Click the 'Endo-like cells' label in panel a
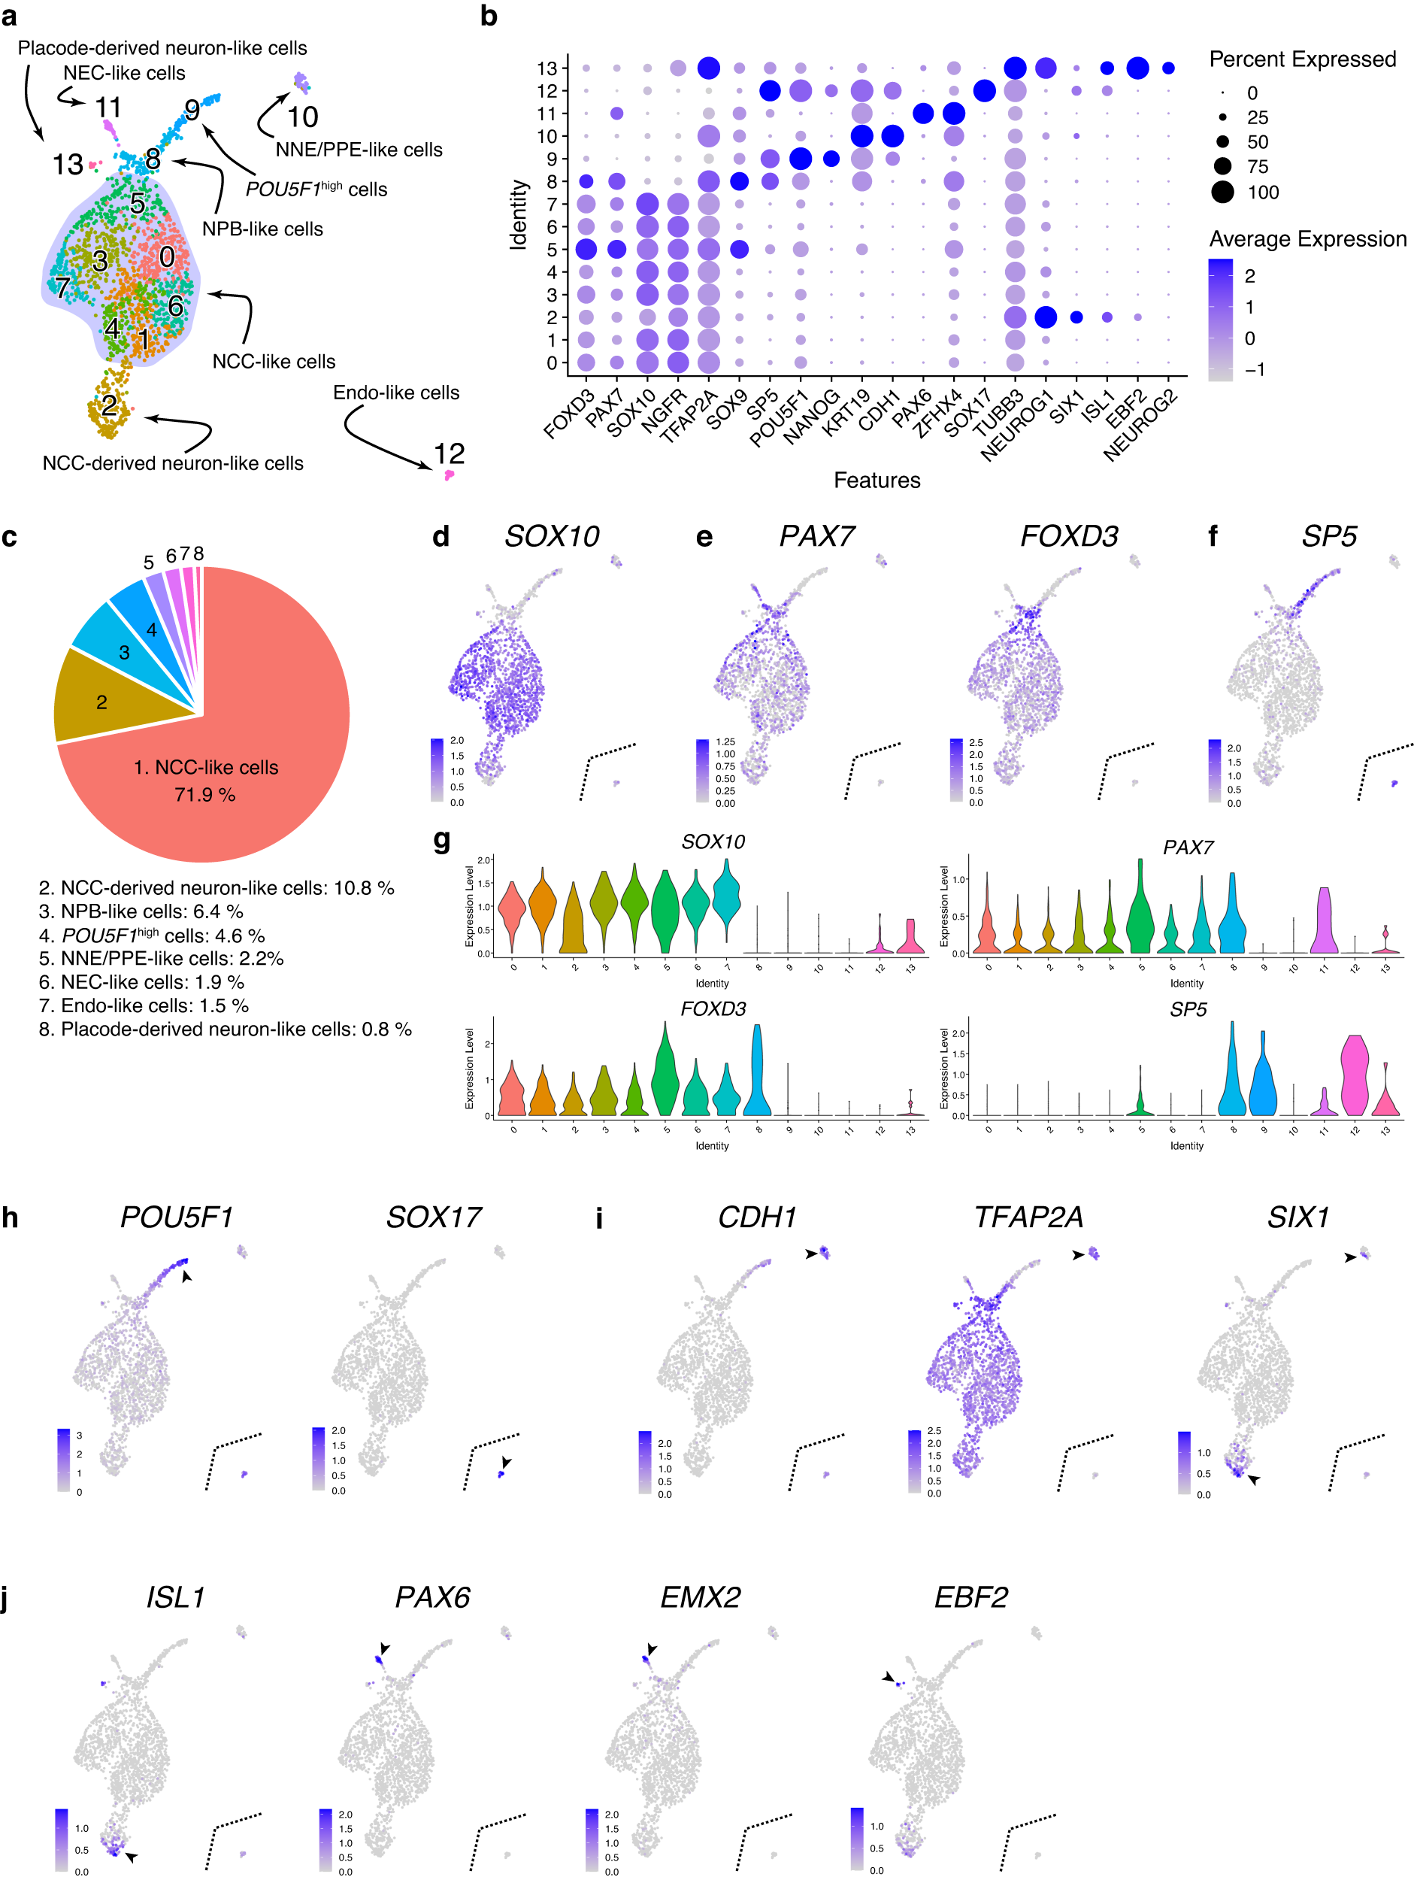pyautogui.click(x=396, y=393)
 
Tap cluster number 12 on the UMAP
pyautogui.click(x=449, y=454)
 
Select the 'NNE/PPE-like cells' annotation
pyautogui.click(x=359, y=150)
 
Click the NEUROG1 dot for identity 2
pyautogui.click(x=1045, y=317)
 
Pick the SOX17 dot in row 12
pyautogui.click(x=984, y=90)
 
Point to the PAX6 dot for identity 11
pyautogui.click(x=923, y=113)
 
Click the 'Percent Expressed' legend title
pyautogui.click(x=1302, y=59)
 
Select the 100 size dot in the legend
pyautogui.click(x=1222, y=192)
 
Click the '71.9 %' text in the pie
pyautogui.click(x=204, y=795)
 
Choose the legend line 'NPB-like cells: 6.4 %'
pyautogui.click(x=141, y=911)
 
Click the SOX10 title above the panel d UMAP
pyautogui.click(x=552, y=536)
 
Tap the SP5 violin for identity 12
pyautogui.click(x=1354, y=1075)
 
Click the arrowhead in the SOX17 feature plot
pyautogui.click(x=507, y=1462)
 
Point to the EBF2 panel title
pyautogui.click(x=970, y=1597)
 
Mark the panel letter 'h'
pyautogui.click(x=11, y=1218)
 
